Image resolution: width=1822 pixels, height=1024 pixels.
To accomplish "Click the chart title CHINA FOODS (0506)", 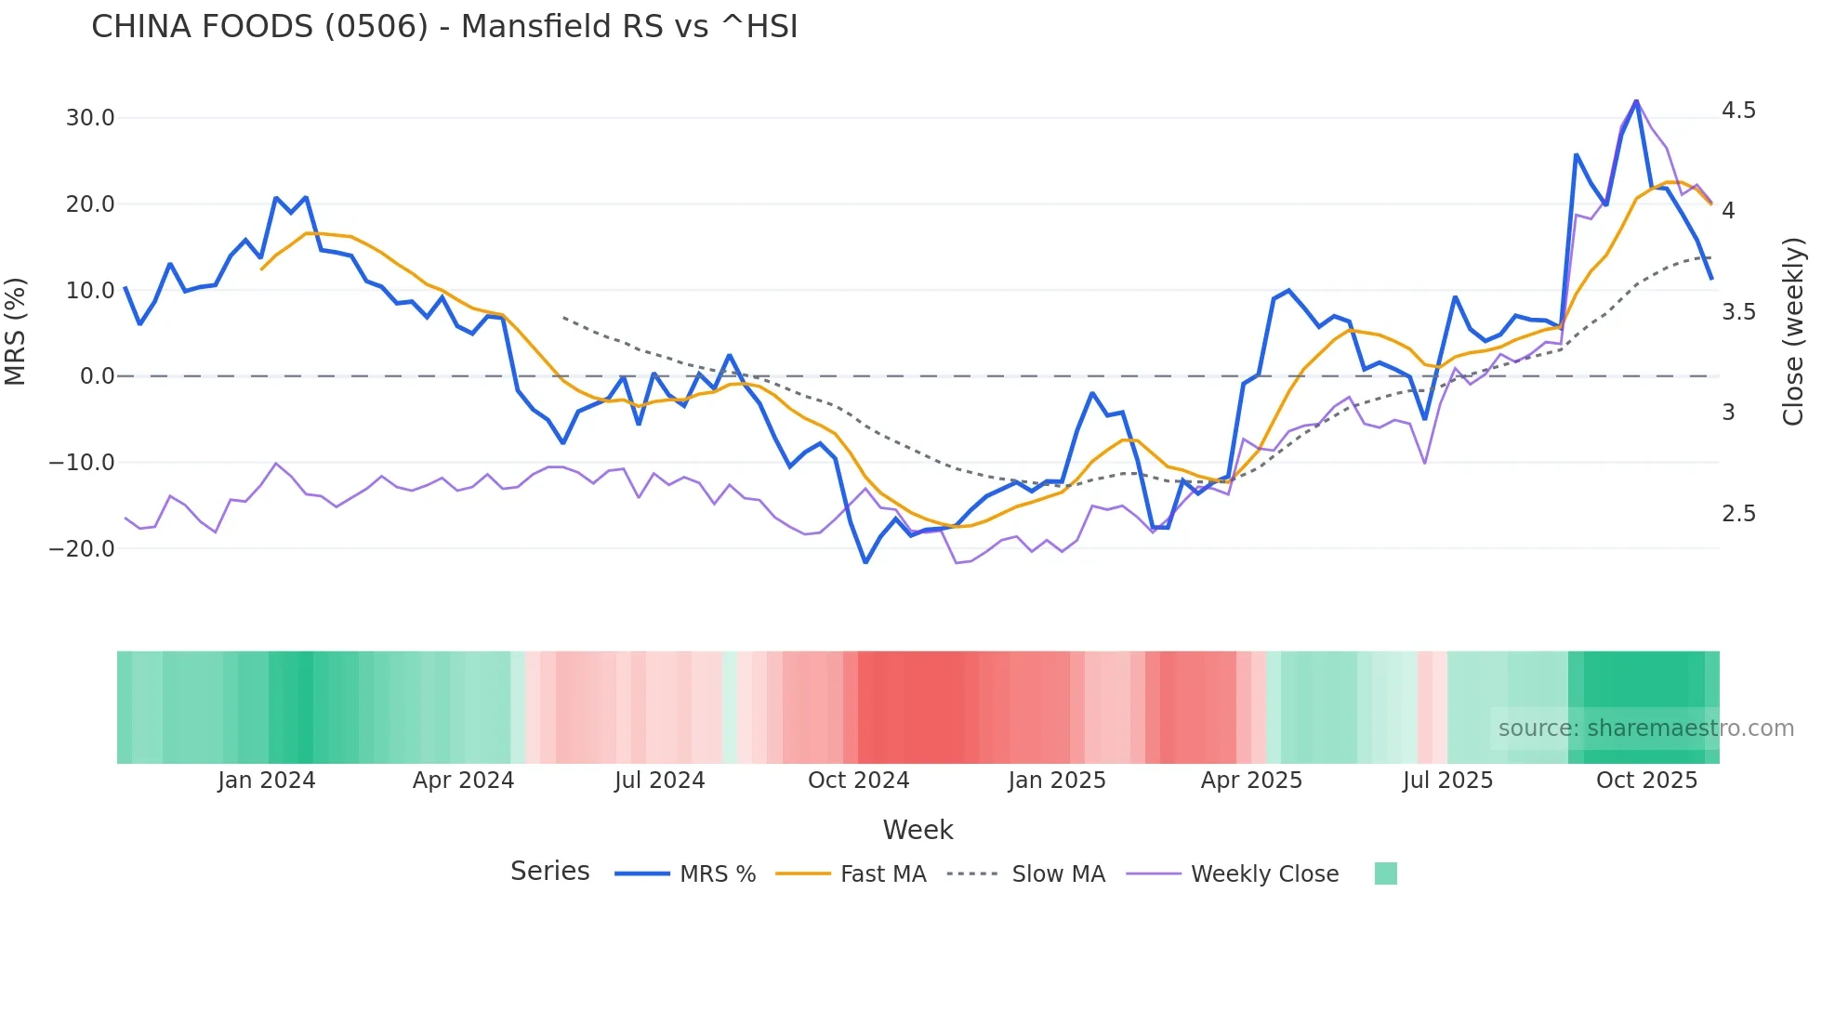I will click(444, 27).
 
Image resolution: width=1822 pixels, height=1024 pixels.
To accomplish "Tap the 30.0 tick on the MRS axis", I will click(90, 118).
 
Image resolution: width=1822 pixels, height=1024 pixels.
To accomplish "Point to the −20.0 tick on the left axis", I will click(83, 548).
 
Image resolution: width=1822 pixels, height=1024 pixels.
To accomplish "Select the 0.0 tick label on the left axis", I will click(97, 376).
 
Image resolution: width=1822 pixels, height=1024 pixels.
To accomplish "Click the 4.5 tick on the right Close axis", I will click(1738, 111).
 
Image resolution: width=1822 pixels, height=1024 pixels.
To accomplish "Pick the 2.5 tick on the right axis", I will click(1738, 514).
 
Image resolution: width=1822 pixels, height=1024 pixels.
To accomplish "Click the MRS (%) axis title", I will click(16, 331).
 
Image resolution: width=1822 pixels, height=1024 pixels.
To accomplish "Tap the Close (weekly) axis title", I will click(1793, 331).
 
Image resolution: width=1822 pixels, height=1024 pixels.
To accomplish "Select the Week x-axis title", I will click(918, 830).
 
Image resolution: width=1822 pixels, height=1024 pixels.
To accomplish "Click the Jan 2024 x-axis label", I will click(267, 781).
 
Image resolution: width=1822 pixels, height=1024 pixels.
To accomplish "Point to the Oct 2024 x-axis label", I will click(858, 781).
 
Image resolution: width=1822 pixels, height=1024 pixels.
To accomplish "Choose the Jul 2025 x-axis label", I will click(1447, 781).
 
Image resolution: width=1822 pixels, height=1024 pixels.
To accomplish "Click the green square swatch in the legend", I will click(1385, 873).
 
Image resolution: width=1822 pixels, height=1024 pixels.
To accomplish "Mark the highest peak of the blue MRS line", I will click(1636, 101).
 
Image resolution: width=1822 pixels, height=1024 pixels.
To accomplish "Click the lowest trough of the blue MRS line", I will click(865, 562).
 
